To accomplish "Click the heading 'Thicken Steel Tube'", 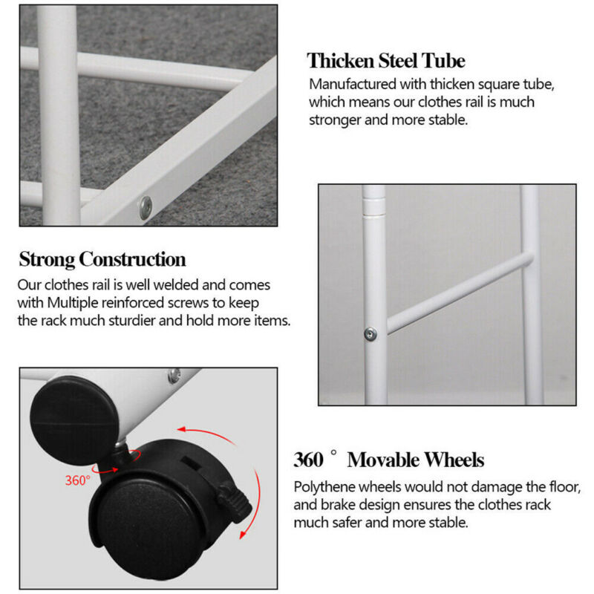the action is pyautogui.click(x=386, y=61).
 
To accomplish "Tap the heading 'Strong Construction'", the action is pyautogui.click(x=102, y=259).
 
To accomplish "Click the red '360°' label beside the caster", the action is pyautogui.click(x=78, y=480).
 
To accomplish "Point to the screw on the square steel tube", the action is pyautogui.click(x=146, y=208).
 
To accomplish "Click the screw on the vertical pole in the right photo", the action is pyautogui.click(x=370, y=334).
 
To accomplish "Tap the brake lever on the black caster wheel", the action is pyautogui.click(x=235, y=502).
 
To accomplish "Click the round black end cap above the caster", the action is pyautogui.click(x=74, y=420).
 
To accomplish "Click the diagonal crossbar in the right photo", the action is pyautogui.click(x=460, y=293).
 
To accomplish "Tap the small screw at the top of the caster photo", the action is pyautogui.click(x=174, y=376).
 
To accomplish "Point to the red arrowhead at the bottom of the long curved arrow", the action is pyautogui.click(x=244, y=534).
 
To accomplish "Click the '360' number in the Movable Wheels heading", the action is pyautogui.click(x=308, y=460).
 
